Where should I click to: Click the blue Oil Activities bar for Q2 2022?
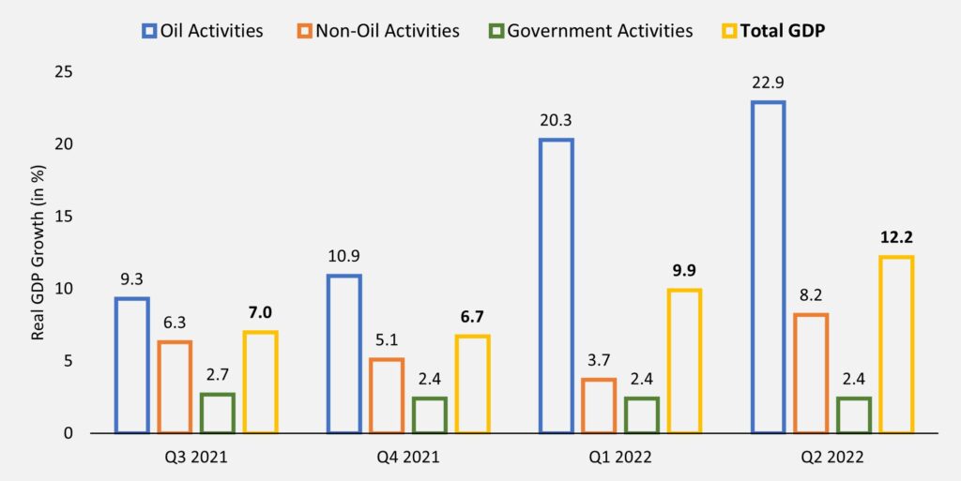click(x=768, y=267)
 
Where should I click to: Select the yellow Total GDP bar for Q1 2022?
click(x=684, y=361)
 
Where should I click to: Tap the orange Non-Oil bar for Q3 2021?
click(x=174, y=386)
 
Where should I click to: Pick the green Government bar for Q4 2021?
click(x=428, y=414)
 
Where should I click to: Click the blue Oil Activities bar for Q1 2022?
click(x=556, y=286)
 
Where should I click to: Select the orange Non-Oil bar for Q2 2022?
click(x=810, y=373)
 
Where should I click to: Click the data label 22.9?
click(x=767, y=83)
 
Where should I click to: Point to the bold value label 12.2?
click(x=896, y=237)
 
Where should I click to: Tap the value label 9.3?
click(x=131, y=279)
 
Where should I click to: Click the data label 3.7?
click(x=599, y=360)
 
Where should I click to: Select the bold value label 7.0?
click(x=259, y=312)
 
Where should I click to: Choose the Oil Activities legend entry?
click(x=202, y=30)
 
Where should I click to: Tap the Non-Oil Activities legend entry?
click(x=380, y=30)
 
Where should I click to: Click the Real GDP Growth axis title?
click(x=38, y=253)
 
